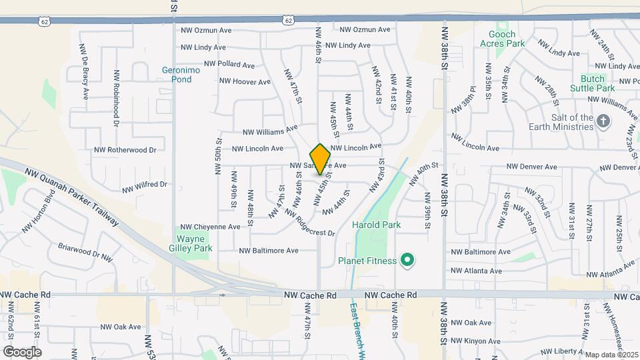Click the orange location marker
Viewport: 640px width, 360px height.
pos(321,159)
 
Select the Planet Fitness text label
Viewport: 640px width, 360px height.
pos(367,261)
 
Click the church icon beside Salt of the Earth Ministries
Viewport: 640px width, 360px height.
pos(603,121)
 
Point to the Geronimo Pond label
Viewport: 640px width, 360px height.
pos(177,74)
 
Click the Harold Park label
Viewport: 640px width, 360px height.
pos(377,225)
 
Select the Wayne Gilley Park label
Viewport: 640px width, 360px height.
pos(194,243)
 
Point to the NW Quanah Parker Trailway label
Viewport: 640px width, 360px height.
pos(71,197)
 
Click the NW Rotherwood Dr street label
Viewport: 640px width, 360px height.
pos(125,150)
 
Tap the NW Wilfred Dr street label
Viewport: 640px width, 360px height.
pos(144,183)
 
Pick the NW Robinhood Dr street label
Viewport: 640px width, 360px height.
pos(116,99)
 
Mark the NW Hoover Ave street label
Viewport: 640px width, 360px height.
pos(245,82)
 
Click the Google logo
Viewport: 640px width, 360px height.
pos(22,352)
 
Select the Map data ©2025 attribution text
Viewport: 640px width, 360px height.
pos(611,355)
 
